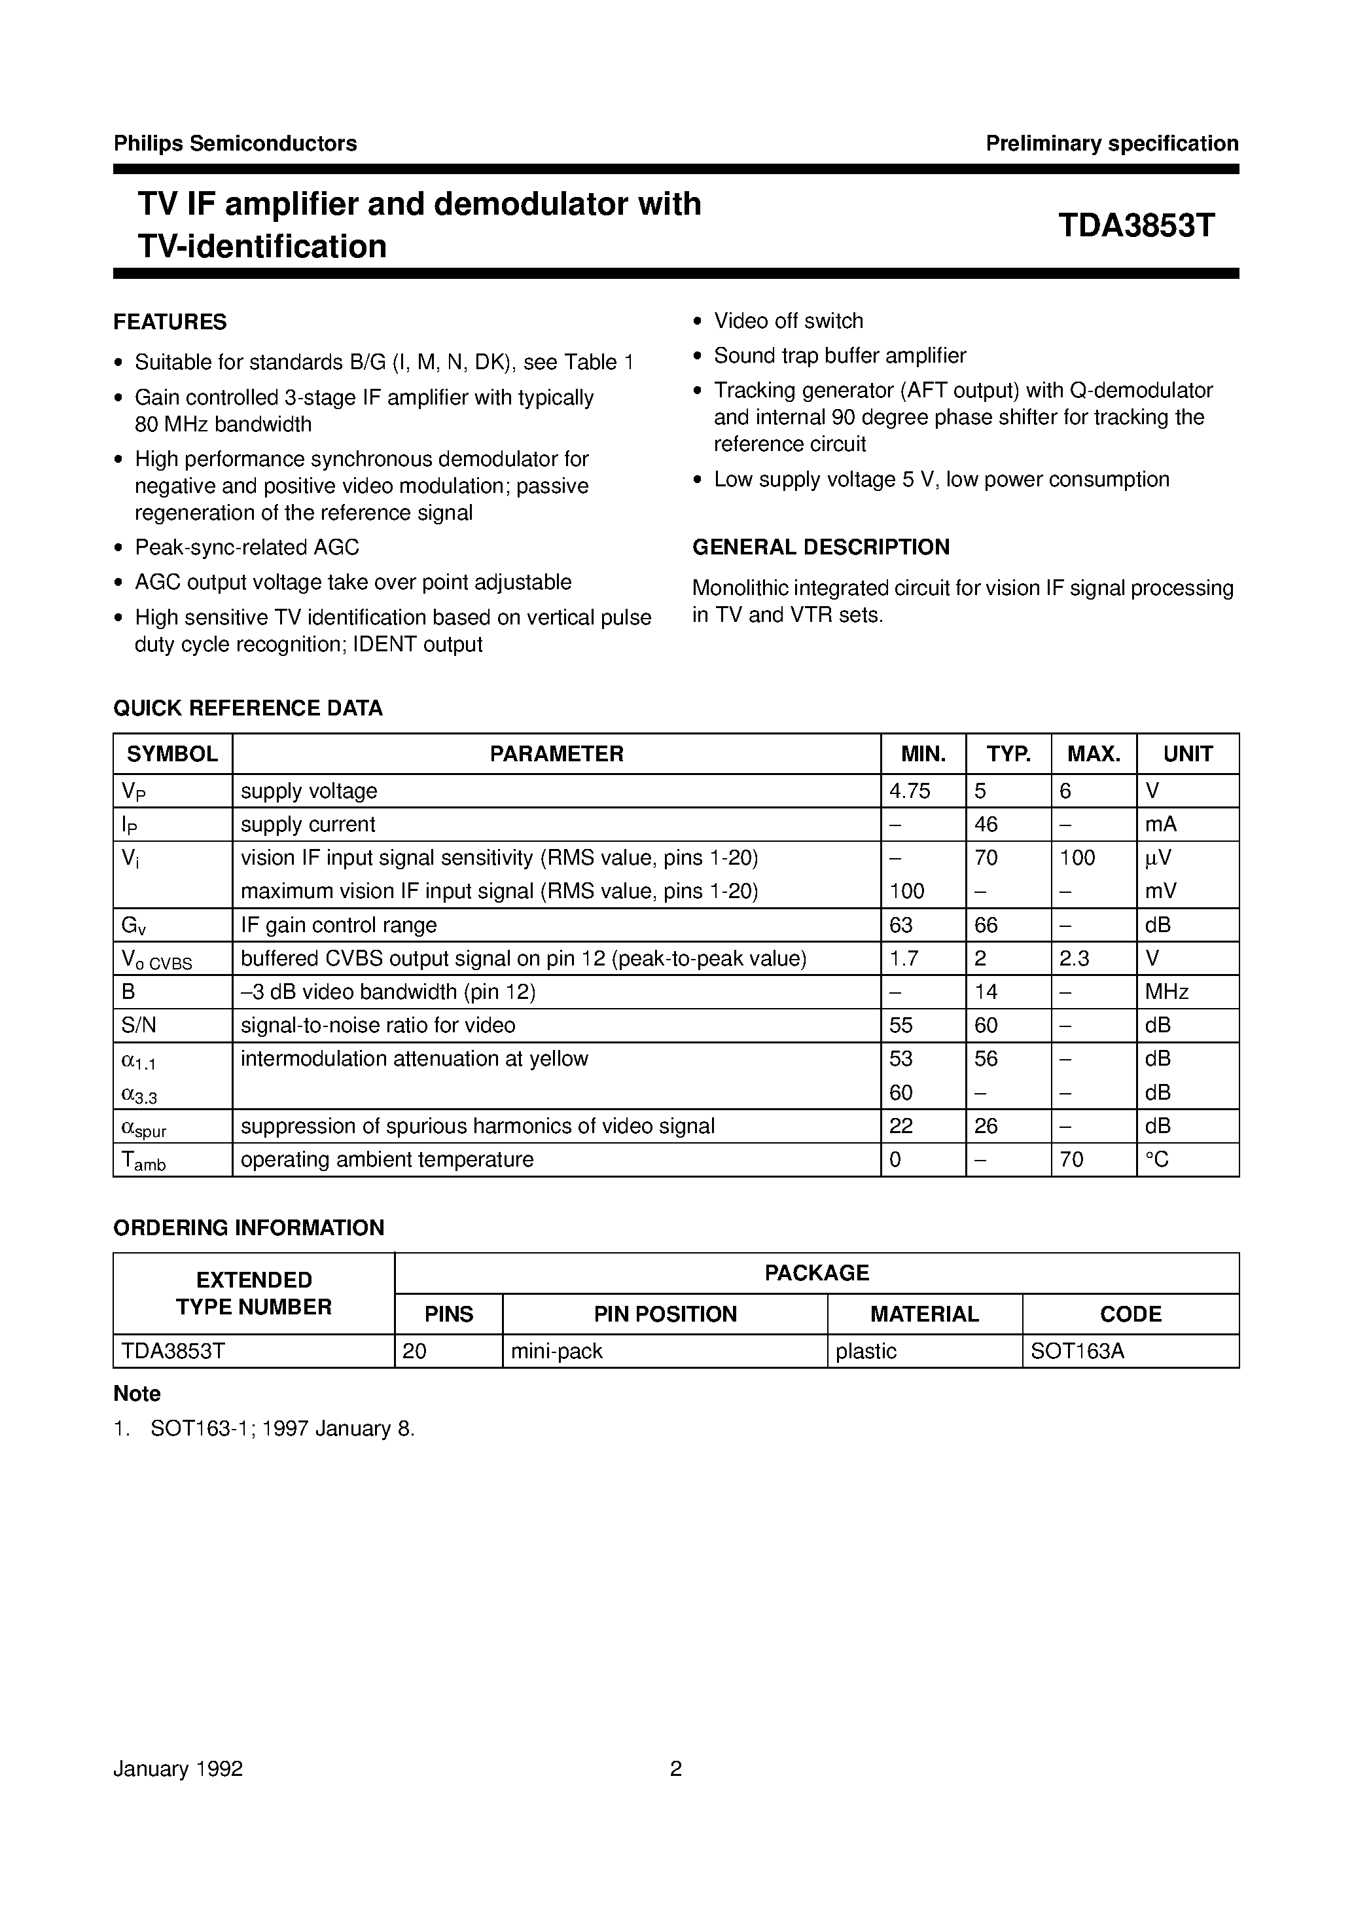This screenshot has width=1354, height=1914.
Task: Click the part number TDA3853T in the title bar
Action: tap(1135, 225)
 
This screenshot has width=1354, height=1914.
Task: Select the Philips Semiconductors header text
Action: tap(235, 143)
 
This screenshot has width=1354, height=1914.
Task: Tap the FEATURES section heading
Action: tap(170, 322)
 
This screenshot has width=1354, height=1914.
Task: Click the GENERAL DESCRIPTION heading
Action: tap(821, 547)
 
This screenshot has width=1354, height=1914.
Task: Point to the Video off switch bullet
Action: tap(788, 321)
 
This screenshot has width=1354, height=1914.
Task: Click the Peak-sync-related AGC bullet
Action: tap(247, 547)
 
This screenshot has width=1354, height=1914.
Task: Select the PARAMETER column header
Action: tap(556, 754)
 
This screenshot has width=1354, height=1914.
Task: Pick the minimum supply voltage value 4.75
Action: tap(910, 791)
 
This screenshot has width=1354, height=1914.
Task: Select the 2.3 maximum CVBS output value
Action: tap(1074, 958)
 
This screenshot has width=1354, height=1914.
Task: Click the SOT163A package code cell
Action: tap(1077, 1351)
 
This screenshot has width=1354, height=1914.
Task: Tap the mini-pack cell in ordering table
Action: tap(556, 1351)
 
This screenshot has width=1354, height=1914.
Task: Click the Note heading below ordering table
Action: tap(137, 1394)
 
